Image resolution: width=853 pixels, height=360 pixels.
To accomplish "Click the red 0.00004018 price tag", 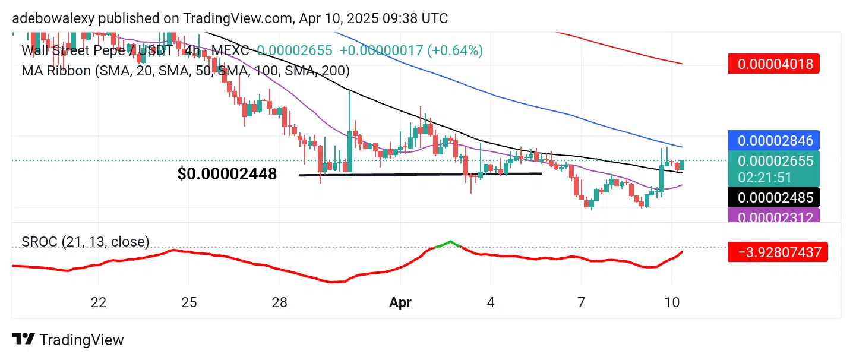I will (773, 64).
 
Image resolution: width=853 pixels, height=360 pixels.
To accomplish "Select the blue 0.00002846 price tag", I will (773, 140).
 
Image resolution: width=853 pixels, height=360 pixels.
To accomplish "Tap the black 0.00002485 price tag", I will (773, 196).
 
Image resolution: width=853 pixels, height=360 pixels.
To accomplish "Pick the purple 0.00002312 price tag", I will (773, 217).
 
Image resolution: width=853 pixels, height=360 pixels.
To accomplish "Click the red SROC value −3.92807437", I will (778, 252).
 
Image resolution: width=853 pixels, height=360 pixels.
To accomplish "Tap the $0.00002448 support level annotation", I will (227, 174).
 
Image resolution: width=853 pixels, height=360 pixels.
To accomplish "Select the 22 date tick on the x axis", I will (99, 302).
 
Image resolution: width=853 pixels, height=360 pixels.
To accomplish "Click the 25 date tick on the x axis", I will (189, 302).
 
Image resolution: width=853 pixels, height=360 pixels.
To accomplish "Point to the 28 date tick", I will (280, 302).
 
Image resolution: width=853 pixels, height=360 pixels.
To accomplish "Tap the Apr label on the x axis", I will (400, 302).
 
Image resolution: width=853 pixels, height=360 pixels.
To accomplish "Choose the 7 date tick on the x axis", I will (582, 302).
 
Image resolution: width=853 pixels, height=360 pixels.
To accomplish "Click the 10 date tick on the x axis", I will (672, 302).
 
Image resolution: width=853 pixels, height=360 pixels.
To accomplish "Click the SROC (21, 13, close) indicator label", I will (86, 242).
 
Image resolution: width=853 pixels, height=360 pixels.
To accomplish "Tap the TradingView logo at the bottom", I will (68, 340).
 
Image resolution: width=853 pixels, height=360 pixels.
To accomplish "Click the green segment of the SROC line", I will (449, 243).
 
